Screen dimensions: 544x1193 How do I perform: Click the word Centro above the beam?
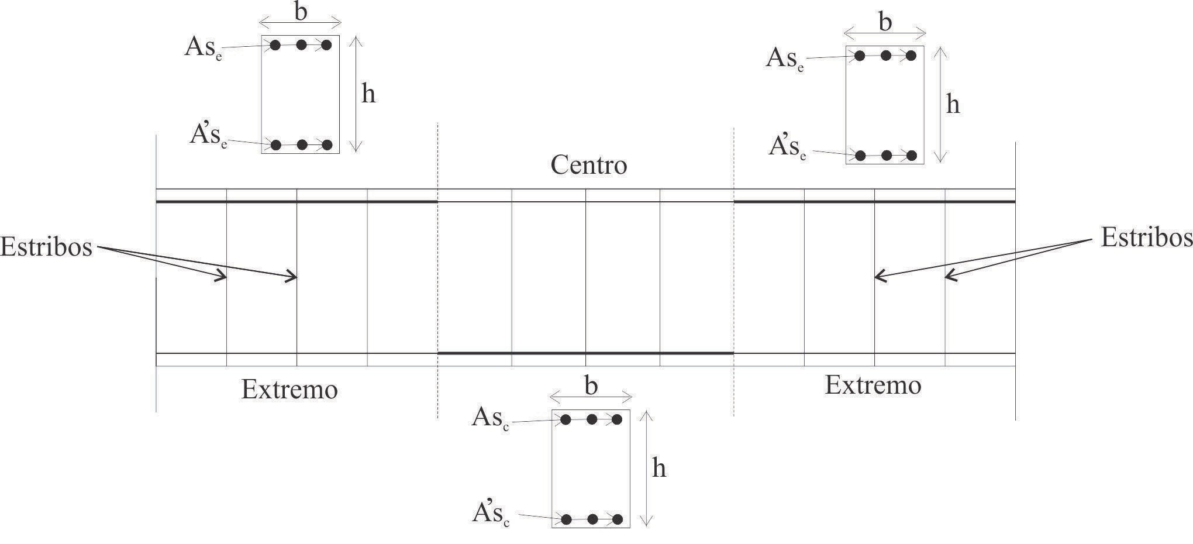point(588,166)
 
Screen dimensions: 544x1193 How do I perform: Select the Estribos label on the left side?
point(46,247)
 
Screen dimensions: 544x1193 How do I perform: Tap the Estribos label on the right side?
point(1146,238)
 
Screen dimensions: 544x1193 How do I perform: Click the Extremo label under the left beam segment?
point(289,390)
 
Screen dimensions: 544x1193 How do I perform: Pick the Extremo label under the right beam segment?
point(873,385)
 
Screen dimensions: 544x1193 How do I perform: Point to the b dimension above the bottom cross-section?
point(591,387)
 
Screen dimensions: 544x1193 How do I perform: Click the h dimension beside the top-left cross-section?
point(368,94)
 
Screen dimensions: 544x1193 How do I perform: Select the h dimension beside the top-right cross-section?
point(953,105)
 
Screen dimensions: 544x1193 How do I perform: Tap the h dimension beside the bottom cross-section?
point(658,469)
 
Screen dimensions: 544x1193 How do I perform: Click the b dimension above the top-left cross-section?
point(301,12)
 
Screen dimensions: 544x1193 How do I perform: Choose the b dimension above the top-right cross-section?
point(885,22)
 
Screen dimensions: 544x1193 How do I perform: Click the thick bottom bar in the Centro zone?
point(585,353)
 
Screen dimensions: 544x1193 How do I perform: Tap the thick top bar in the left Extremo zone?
point(296,202)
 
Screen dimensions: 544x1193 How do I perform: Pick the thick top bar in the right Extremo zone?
point(874,202)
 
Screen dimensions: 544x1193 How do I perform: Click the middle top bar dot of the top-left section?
point(301,45)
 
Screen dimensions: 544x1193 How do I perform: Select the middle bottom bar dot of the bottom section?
point(592,519)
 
